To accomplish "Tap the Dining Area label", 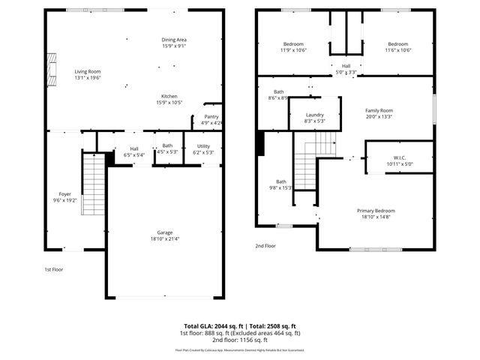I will pos(173,40).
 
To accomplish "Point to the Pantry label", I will pos(211,117).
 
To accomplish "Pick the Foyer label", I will pos(64,193).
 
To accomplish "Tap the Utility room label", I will pos(204,145).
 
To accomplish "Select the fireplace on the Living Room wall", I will pos(52,70).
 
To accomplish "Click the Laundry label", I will pos(314,115).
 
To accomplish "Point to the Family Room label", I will pos(379,110).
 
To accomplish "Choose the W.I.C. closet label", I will pos(398,157).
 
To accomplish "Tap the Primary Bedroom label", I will pos(376,211).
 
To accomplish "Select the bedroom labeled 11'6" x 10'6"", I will pos(398,43).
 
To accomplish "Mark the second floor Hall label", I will pos(345,66).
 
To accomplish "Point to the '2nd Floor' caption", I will pos(265,245).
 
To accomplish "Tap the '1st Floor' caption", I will pos(52,269).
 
